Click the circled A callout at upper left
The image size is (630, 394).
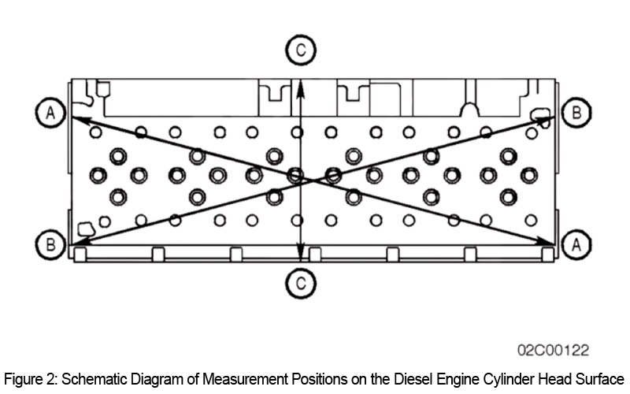tap(50, 113)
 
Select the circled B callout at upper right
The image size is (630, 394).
tap(577, 113)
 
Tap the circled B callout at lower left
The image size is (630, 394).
tap(50, 244)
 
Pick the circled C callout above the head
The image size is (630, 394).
tap(299, 51)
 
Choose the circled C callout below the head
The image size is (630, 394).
tap(299, 281)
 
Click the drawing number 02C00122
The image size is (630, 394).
tap(553, 349)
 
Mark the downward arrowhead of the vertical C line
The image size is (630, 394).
tap(299, 255)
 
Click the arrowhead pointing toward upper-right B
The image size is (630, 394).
tap(550, 117)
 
